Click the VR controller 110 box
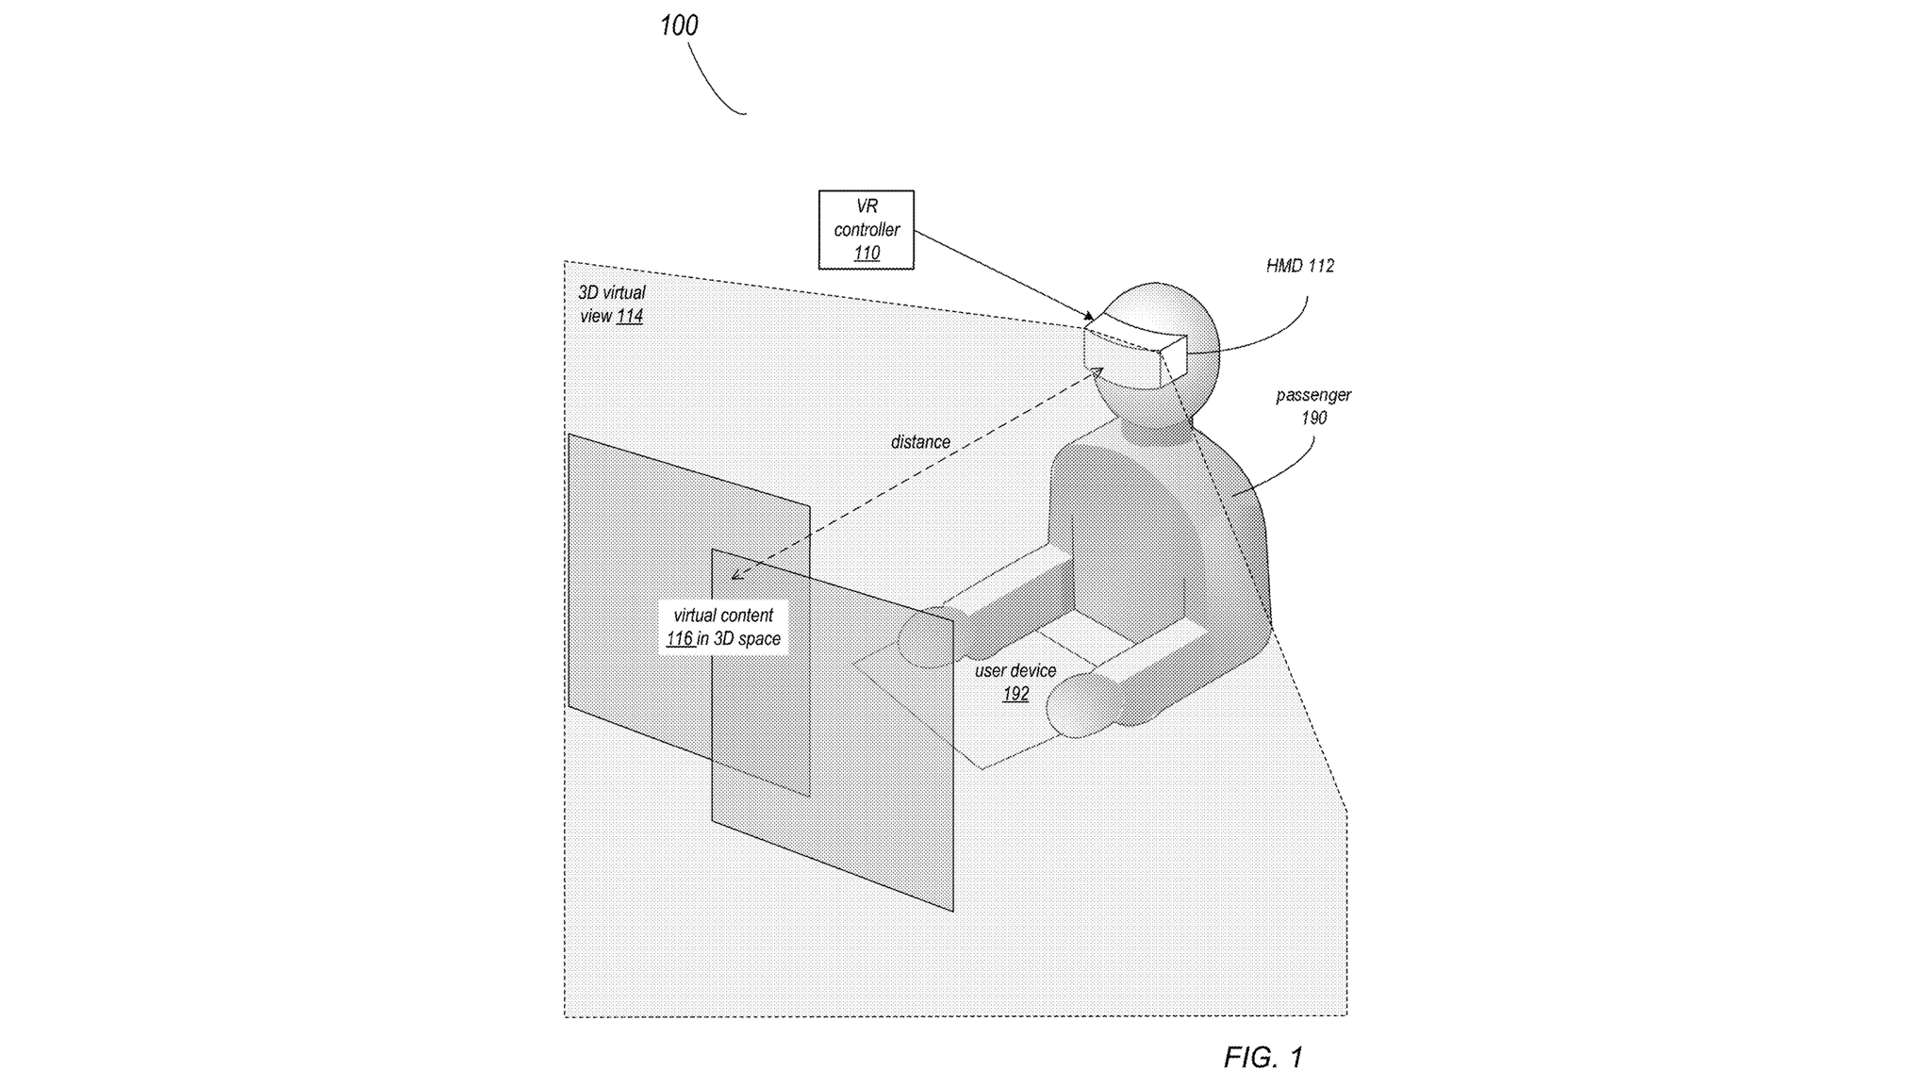click(x=866, y=229)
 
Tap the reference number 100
click(x=679, y=25)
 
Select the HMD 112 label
click(x=1299, y=266)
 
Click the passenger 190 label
click(x=1312, y=406)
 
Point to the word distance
click(x=920, y=442)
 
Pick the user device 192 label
click(x=1015, y=682)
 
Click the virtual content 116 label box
click(x=723, y=627)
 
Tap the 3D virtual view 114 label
click(x=612, y=304)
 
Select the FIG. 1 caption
click(x=1263, y=1057)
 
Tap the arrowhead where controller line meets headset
click(x=1090, y=317)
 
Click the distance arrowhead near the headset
click(x=1098, y=372)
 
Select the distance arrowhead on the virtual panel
click(x=736, y=574)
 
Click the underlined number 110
click(x=866, y=254)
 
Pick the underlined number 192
click(x=1015, y=695)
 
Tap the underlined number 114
click(x=630, y=317)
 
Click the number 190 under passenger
click(x=1313, y=419)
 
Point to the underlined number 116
click(x=680, y=639)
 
